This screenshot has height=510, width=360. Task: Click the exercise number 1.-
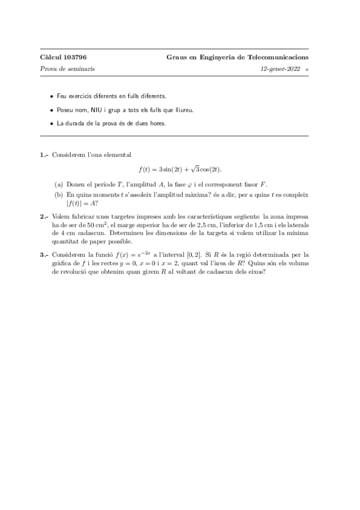(x=44, y=155)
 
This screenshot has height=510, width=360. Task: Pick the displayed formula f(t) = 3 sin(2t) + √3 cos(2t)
(x=180, y=169)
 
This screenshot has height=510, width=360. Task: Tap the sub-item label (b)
(x=58, y=194)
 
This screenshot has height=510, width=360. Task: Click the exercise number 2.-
(x=44, y=215)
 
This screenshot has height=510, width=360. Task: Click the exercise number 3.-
(x=44, y=256)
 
